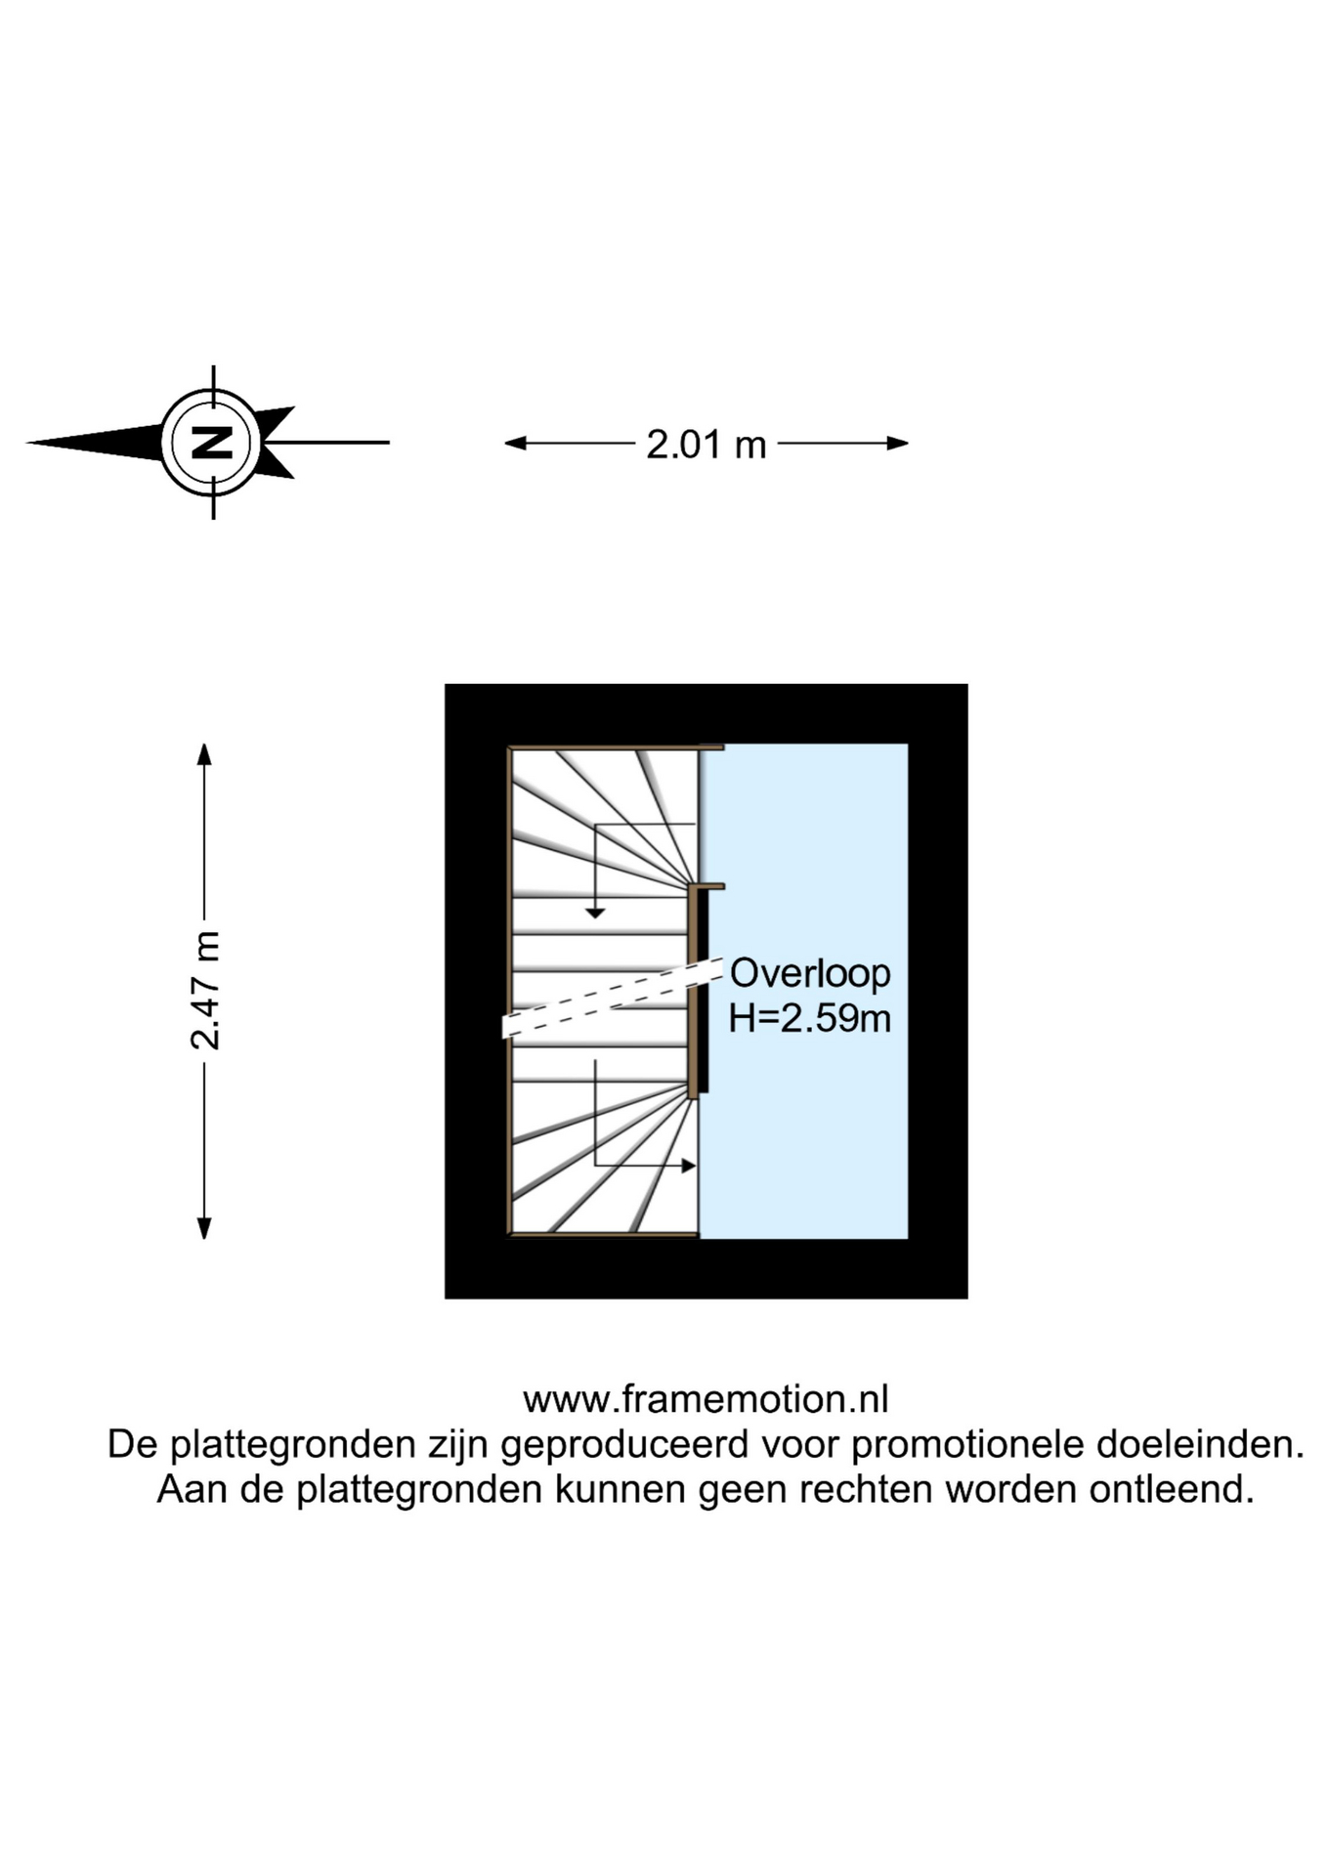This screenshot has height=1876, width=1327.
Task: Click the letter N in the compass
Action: tap(212, 443)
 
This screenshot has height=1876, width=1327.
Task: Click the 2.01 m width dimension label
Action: tap(706, 445)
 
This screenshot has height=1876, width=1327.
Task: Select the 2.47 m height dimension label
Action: tap(205, 991)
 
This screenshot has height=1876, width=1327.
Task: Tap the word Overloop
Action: tap(810, 973)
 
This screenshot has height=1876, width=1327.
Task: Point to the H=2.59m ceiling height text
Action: tap(809, 1018)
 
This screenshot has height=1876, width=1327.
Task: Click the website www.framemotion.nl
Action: tap(706, 1399)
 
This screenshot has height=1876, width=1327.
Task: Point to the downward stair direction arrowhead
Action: tap(595, 913)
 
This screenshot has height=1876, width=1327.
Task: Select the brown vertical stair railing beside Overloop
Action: tap(693, 992)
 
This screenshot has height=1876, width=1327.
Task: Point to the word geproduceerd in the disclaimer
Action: tap(623, 1444)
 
